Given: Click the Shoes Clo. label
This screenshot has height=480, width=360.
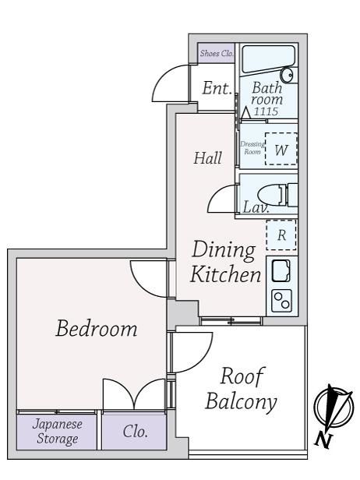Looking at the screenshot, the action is coord(217,53).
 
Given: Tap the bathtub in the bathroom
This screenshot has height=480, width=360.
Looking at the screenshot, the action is coord(269,60).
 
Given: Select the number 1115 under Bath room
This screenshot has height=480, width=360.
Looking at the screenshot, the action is coord(266,111).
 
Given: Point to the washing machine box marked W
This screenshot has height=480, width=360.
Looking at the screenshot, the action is coord(281,149).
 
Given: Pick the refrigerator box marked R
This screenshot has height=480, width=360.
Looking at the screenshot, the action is coord(281,235).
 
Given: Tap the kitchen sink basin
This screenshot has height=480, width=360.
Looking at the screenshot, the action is coord(281,270).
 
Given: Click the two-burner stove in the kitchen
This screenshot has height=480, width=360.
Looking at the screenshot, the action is coord(281,301).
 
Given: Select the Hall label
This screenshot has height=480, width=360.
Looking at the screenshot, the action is coord(207,158).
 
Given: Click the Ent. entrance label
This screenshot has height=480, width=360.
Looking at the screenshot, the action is coord(217,88).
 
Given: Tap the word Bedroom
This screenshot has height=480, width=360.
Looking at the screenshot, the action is coord(97,328).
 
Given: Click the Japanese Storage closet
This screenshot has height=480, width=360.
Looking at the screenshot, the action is coord(57,432).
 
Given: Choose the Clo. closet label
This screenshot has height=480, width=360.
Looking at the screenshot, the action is coord(136,432).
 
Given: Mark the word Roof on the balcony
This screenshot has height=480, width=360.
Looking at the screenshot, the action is coord(242,376).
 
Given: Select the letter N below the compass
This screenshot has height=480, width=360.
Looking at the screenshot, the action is coord(323,440).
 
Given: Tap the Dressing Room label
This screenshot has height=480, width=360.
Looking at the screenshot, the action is coord(252,147).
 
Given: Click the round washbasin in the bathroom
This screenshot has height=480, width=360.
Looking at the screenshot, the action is coord(288,76).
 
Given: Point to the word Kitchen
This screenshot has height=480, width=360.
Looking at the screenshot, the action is coord(226,274).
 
